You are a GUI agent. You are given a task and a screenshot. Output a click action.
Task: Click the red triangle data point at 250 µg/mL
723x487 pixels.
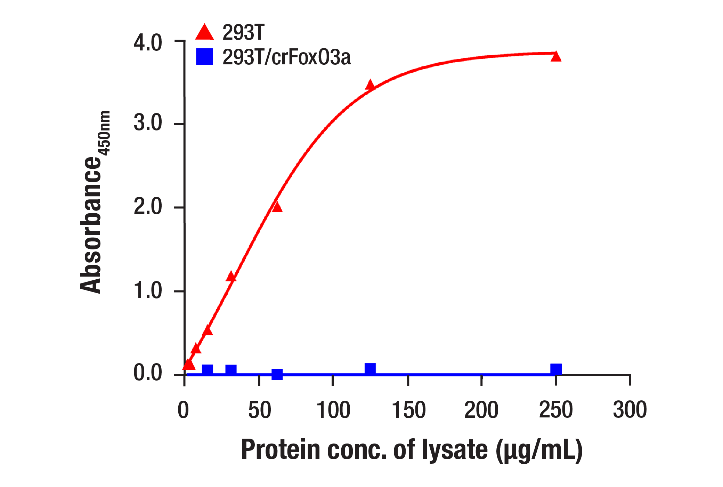(556, 56)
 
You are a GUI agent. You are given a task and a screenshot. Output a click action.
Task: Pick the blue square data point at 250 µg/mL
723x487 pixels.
(556, 369)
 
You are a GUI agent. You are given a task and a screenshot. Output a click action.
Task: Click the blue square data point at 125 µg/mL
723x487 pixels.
(370, 368)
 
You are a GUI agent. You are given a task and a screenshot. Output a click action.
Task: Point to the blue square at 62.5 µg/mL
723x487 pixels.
(277, 374)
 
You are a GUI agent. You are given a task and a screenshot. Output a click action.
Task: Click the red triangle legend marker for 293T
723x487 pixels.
(204, 32)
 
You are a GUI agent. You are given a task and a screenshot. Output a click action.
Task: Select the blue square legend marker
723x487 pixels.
(204, 57)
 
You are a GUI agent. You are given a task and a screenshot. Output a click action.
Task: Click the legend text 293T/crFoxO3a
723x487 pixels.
(286, 57)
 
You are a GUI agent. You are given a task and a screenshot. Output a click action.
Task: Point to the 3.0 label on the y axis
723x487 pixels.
(148, 123)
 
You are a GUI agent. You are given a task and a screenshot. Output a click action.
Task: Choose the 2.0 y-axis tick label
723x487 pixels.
(148, 207)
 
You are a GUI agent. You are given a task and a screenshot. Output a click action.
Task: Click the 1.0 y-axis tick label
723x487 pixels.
(148, 290)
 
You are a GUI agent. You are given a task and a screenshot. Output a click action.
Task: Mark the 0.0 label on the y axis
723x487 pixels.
(148, 373)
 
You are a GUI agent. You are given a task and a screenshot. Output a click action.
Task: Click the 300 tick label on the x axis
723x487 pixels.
(629, 410)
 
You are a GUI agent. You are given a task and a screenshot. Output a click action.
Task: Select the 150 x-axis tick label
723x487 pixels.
(408, 410)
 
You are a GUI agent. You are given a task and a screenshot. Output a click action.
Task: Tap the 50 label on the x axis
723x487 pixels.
(259, 410)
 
